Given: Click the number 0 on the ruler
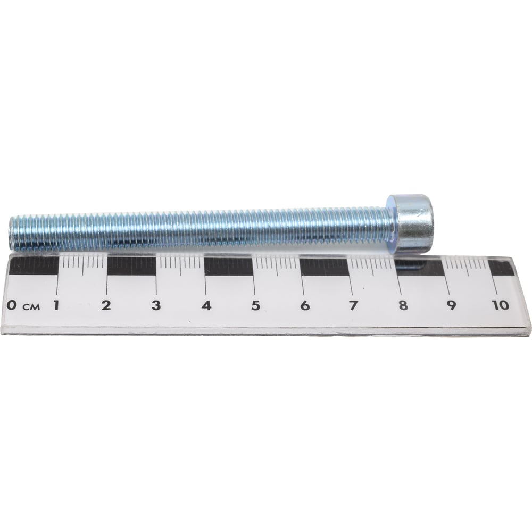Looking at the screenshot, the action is click(x=12, y=305).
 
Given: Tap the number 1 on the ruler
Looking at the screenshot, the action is click(x=56, y=305).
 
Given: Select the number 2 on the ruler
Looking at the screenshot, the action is click(x=106, y=305).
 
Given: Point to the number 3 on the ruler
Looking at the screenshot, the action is click(x=156, y=305).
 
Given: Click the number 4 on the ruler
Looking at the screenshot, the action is click(x=206, y=305).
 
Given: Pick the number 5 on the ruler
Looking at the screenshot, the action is click(x=255, y=305).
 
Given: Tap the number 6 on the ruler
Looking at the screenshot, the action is click(x=305, y=305).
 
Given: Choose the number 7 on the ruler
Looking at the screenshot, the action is click(x=353, y=305).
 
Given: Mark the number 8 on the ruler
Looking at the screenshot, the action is click(x=403, y=305).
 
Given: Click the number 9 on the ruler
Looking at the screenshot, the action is click(x=451, y=305).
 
